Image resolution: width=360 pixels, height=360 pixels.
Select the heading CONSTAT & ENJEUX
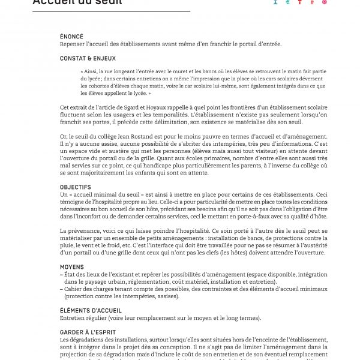(88, 58)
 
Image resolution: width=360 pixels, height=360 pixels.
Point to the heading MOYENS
(72, 266)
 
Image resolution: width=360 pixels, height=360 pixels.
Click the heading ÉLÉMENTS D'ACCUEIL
(91, 310)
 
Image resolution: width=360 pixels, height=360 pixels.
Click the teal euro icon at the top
(287, 2)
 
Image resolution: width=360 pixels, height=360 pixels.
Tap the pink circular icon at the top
(325, 2)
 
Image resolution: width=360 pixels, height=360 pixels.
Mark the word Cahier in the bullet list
(74, 288)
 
